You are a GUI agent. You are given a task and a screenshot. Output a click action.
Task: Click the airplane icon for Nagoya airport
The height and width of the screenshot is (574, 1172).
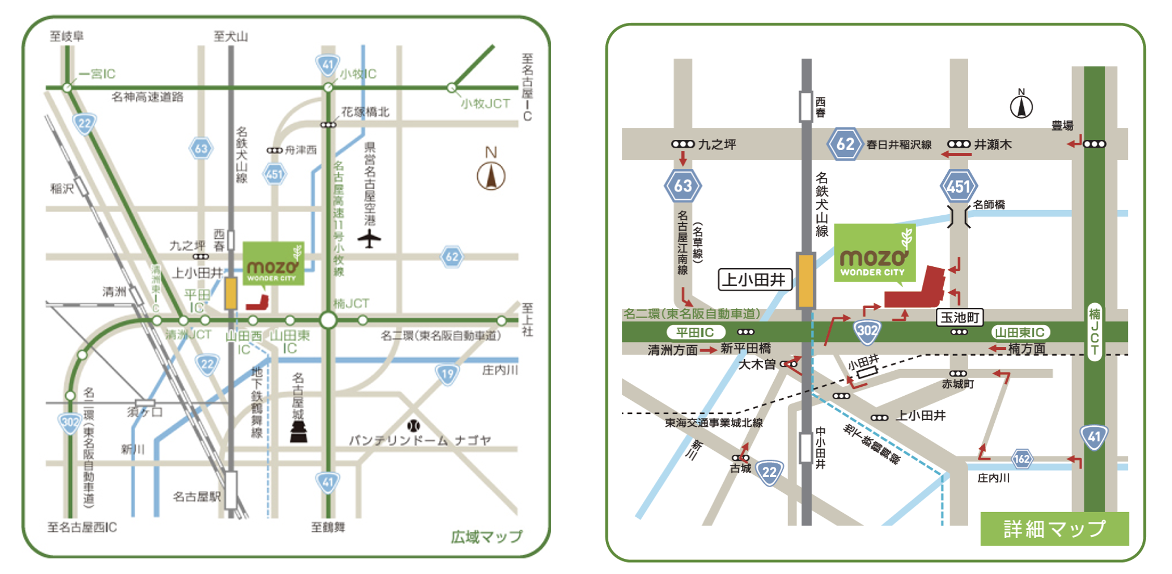(369, 239)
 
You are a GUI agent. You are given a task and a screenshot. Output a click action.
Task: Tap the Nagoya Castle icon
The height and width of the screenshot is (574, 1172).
(298, 431)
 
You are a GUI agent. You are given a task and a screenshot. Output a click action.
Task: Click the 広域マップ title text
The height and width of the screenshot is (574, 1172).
(486, 536)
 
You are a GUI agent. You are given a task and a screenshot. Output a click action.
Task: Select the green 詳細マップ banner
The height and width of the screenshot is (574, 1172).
(1054, 528)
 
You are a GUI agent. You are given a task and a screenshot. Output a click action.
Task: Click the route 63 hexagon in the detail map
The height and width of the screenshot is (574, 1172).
(683, 186)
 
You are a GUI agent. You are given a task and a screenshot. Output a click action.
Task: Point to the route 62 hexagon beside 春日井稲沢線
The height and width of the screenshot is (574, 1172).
(844, 143)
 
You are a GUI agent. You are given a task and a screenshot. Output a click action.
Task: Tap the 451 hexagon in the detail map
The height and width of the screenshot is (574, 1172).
(958, 186)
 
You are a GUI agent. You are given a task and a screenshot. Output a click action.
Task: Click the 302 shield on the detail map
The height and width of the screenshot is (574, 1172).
(867, 331)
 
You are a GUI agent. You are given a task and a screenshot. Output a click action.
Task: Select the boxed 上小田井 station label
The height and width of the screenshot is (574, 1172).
(755, 280)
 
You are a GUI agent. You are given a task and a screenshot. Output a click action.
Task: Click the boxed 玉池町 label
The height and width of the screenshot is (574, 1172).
(960, 317)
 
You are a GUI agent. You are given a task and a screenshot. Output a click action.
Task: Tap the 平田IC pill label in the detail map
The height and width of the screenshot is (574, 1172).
(695, 332)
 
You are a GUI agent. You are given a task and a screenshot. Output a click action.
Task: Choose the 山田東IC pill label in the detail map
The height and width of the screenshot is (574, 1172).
(1020, 332)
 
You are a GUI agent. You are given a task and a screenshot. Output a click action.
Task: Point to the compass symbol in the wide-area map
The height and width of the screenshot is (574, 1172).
(491, 176)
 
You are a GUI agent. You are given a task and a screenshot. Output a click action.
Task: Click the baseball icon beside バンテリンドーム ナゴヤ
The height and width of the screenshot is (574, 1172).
(413, 426)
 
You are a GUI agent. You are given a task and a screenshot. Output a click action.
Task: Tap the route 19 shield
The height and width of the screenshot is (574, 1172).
(447, 373)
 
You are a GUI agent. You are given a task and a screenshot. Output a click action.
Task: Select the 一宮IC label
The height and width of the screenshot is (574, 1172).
(97, 74)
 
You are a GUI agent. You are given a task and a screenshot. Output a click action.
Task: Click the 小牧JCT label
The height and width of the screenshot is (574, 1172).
(485, 103)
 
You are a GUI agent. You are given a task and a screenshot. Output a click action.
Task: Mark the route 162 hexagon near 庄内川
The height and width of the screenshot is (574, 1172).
(1022, 459)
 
